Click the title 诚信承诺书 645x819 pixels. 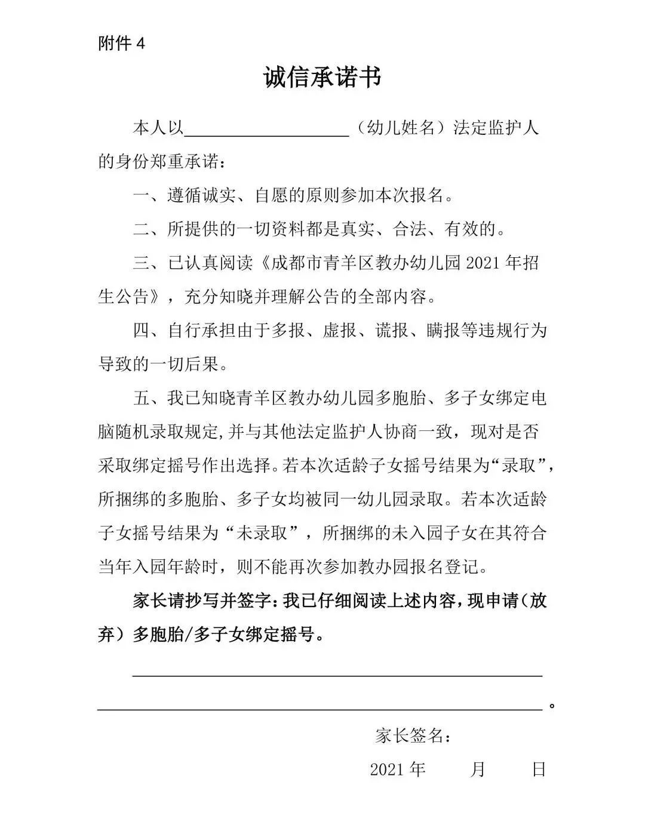coord(322,78)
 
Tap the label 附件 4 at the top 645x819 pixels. coord(121,44)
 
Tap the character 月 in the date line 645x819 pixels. coord(477,769)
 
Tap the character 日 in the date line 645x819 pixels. coord(539,769)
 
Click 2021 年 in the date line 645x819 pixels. coord(398,769)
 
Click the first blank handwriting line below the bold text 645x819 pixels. coord(337,676)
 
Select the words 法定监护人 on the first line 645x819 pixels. coord(496,128)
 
